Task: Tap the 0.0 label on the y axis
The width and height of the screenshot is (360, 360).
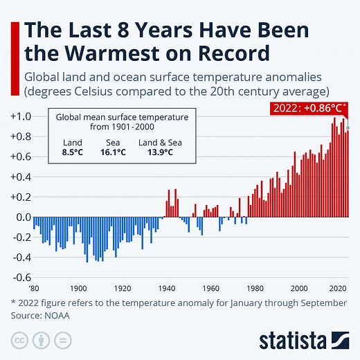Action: click(20, 217)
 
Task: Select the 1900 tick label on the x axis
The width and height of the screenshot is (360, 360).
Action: click(78, 288)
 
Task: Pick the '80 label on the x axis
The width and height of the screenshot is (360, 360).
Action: click(34, 288)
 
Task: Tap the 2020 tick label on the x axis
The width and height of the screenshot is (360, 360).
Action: click(338, 288)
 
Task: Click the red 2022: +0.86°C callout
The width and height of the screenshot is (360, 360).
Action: click(307, 108)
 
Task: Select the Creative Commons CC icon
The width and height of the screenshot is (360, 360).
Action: click(19, 341)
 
